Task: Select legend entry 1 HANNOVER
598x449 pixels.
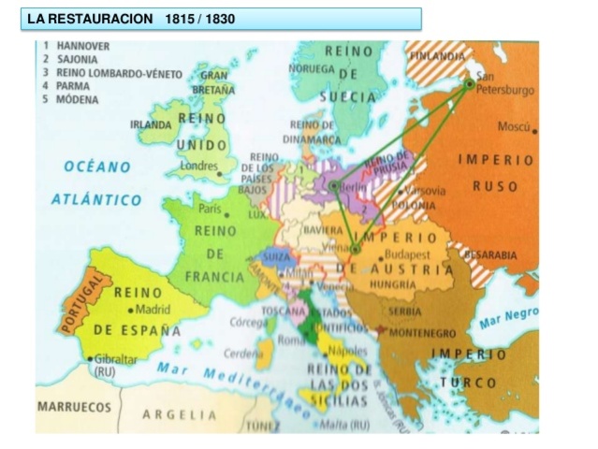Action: [76, 45]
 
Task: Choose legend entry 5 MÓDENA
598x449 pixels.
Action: [71, 97]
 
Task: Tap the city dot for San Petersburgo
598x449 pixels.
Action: [470, 83]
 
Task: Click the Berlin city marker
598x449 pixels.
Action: [334, 187]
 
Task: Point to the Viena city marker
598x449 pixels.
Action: [355, 249]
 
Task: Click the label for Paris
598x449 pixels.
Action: [209, 209]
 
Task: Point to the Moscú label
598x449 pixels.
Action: [514, 127]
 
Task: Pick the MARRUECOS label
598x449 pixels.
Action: [74, 408]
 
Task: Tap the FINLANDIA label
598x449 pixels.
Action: [436, 57]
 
